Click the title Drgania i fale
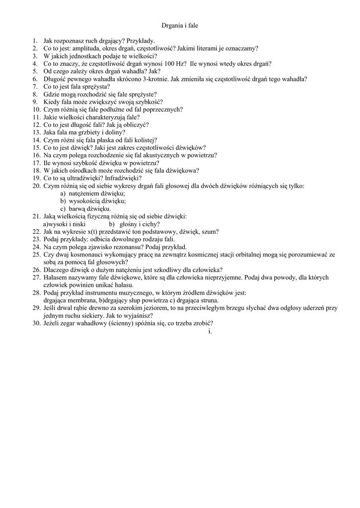[x=180, y=25]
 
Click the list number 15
[x=37, y=147]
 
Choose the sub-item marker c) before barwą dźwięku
[x=63, y=209]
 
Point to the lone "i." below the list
[x=210, y=331]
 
